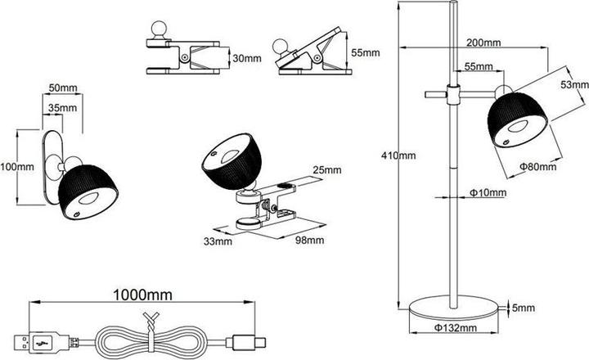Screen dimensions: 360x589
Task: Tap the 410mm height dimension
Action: point(399,154)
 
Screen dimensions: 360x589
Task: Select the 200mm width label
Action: point(483,43)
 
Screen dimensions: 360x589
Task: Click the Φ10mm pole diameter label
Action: point(488,193)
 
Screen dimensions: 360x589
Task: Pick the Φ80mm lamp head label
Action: point(537,167)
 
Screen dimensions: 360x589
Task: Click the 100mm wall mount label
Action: point(15,167)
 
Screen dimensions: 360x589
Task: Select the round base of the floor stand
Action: point(453,308)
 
